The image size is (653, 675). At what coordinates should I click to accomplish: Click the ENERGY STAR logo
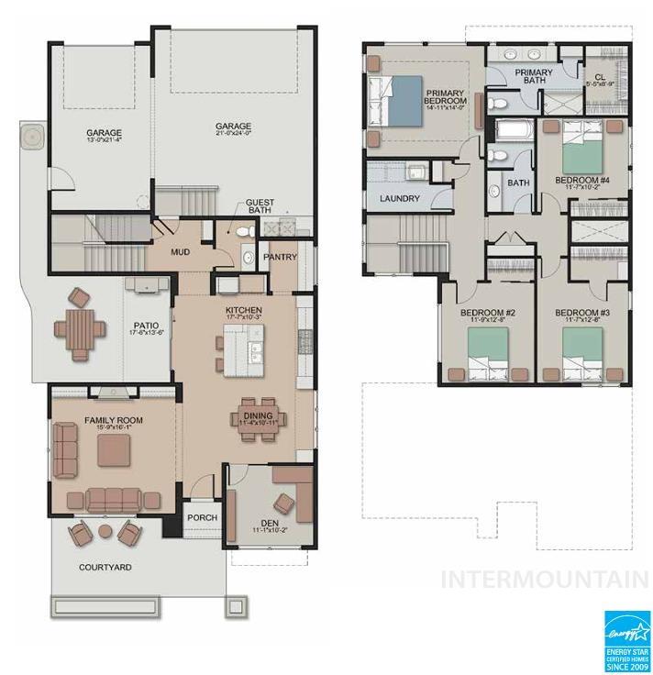626,641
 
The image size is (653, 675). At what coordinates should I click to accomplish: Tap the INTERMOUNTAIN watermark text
545,580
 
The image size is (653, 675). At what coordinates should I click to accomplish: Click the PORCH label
203,517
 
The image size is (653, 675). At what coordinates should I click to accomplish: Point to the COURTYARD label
105,568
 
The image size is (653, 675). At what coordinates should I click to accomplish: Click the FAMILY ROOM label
114,420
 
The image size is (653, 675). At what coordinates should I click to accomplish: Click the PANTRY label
280,258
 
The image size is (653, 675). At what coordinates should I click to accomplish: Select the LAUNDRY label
400,198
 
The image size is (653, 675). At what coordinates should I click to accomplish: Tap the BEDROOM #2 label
487,314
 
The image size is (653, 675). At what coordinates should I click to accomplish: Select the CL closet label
600,78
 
